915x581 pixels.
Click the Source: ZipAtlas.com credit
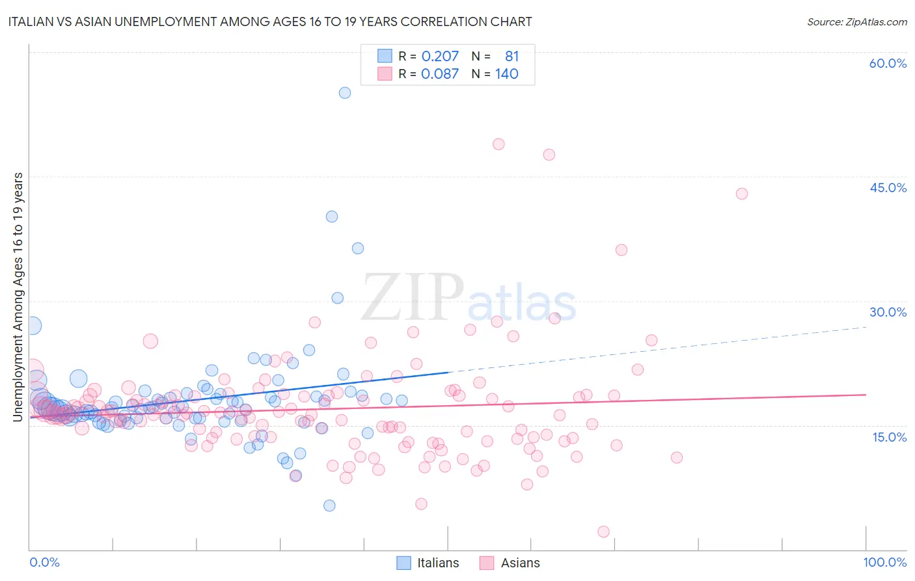(x=856, y=21)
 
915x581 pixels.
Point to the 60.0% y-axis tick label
(x=888, y=63)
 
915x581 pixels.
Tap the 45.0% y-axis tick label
(x=888, y=188)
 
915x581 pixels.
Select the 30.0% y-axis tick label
(x=888, y=312)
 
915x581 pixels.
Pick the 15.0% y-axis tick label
(x=889, y=436)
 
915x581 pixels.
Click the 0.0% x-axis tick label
(x=45, y=562)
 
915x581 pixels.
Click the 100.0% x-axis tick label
(x=884, y=562)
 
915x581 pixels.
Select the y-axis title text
(x=18, y=296)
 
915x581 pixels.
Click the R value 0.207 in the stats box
(x=440, y=57)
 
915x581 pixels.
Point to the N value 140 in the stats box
(x=506, y=74)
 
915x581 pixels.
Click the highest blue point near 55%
(x=345, y=92)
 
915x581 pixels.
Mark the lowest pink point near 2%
(x=603, y=531)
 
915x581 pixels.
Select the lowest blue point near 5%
(x=329, y=505)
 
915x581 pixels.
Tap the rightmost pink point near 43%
(x=741, y=193)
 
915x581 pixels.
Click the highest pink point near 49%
(x=498, y=144)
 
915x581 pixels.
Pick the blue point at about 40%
(x=332, y=216)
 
